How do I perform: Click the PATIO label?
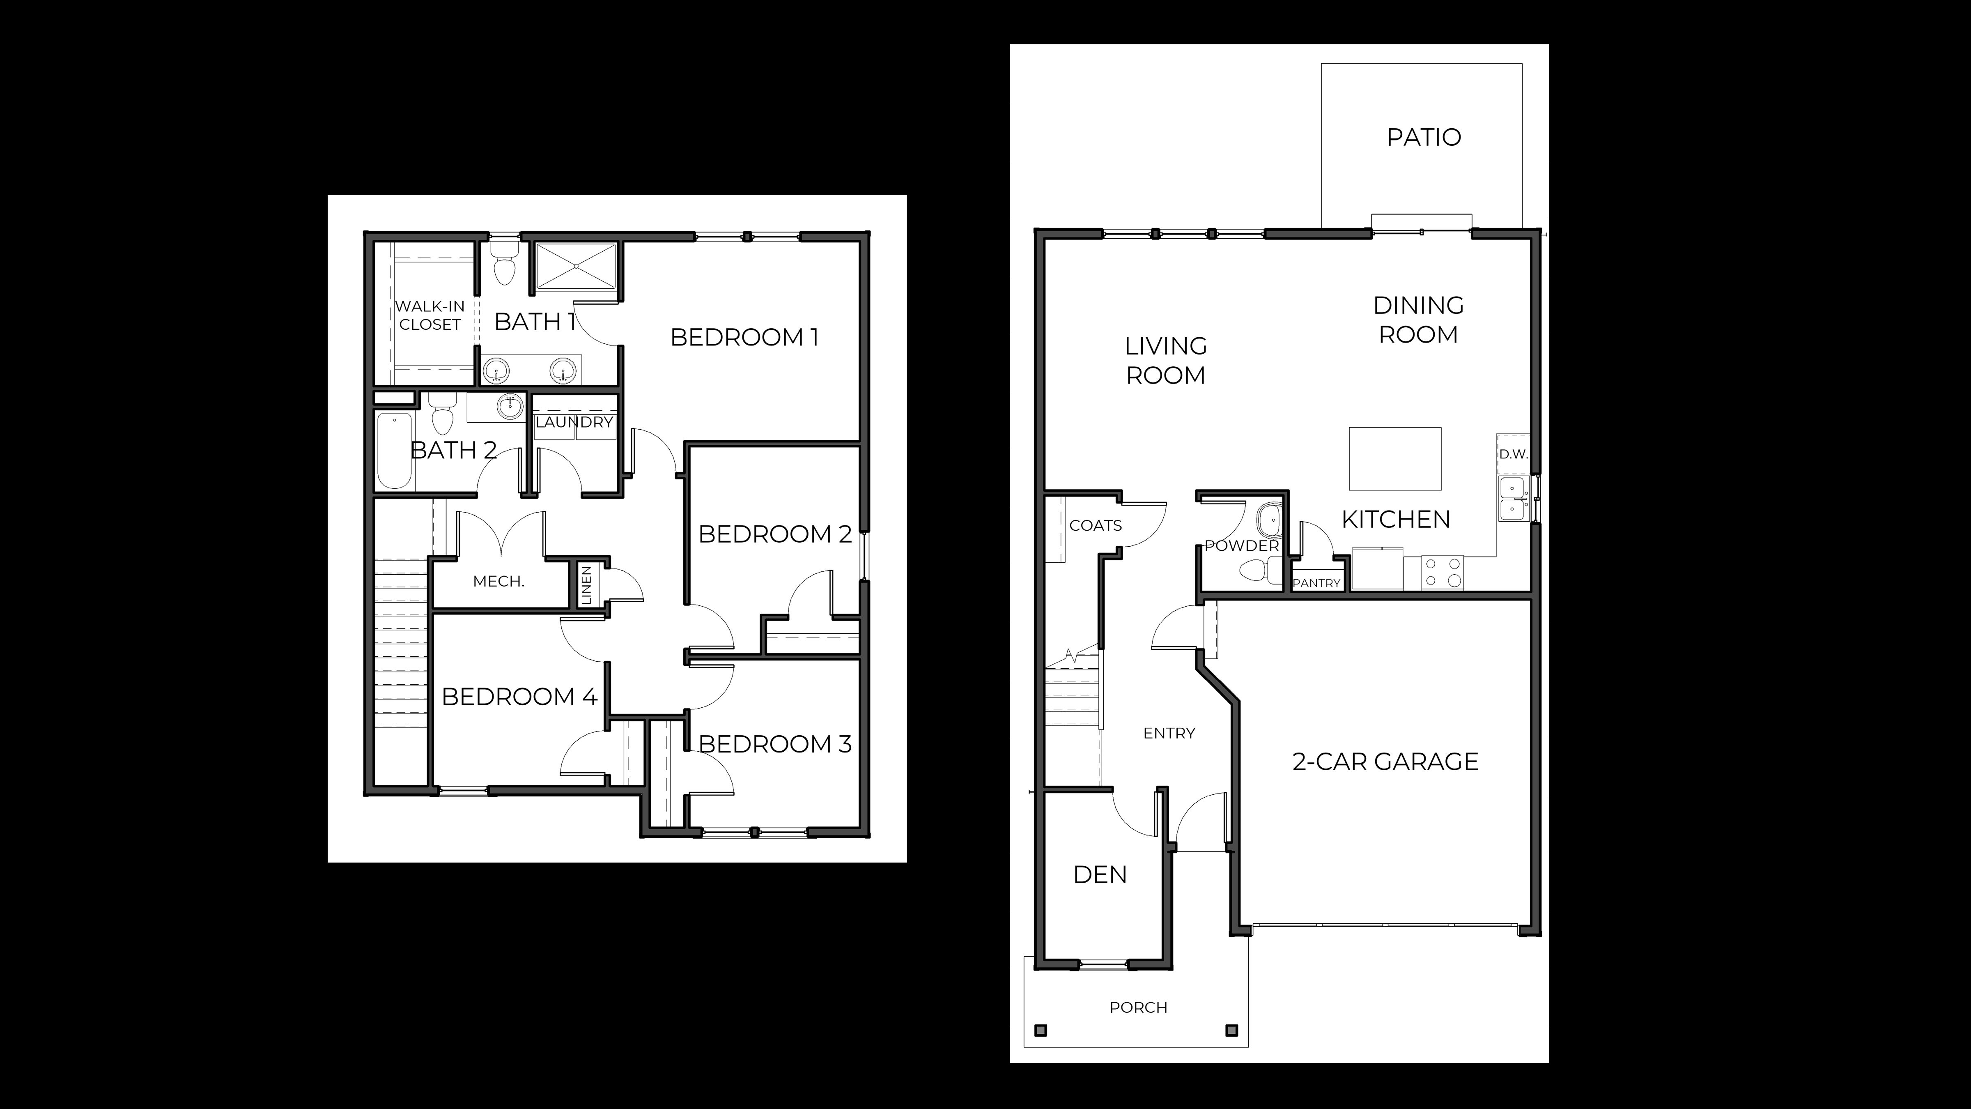1423,137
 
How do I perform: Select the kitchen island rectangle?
1395,458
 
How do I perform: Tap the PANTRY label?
1316,582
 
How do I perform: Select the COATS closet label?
1095,526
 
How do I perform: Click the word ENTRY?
1168,733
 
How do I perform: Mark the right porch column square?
1231,1030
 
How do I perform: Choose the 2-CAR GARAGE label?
1385,762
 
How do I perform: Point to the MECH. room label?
498,581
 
